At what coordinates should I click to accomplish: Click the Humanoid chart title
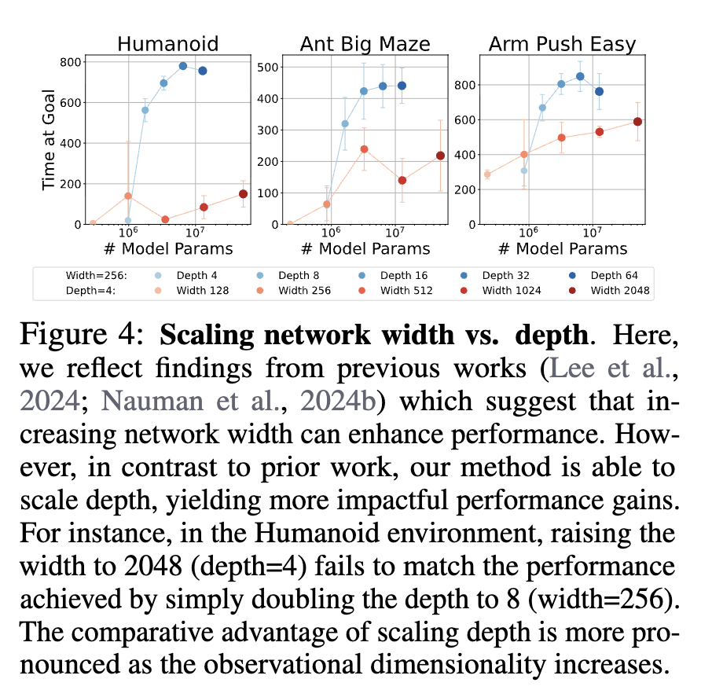click(x=167, y=43)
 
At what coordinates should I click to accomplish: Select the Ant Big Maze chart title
click(x=365, y=43)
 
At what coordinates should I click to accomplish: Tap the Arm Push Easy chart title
click(x=562, y=43)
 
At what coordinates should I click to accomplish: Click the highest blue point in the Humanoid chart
click(x=183, y=66)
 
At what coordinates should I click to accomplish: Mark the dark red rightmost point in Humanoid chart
click(x=243, y=194)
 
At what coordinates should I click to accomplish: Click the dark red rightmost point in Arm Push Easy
click(x=637, y=122)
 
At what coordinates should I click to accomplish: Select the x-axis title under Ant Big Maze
click(x=365, y=249)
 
